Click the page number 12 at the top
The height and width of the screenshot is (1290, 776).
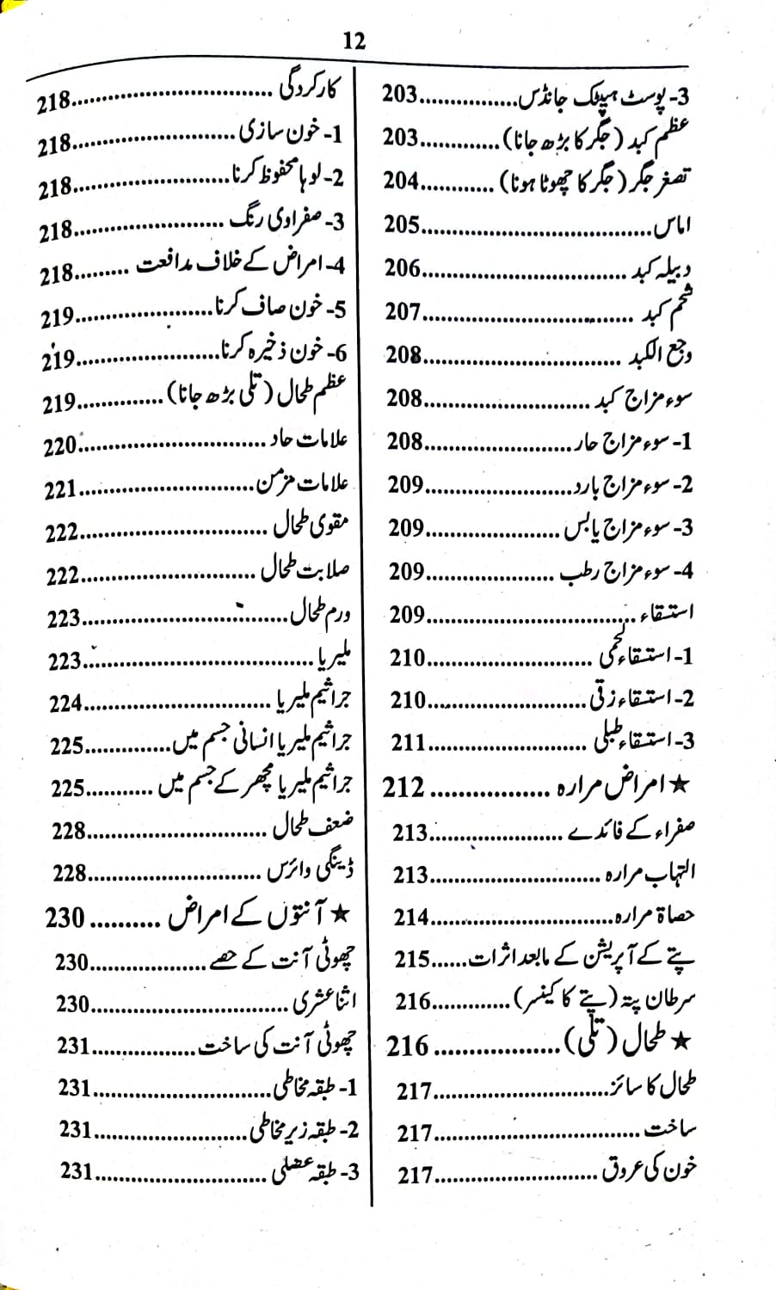click(x=354, y=40)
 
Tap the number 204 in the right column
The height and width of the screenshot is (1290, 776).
click(x=401, y=181)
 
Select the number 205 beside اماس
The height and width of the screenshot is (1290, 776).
click(x=402, y=224)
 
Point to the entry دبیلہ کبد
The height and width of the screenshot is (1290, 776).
click(x=662, y=268)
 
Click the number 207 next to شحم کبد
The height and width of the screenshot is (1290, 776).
click(x=403, y=311)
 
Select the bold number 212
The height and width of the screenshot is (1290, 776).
click(x=404, y=786)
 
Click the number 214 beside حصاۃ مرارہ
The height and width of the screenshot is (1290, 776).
click(x=411, y=917)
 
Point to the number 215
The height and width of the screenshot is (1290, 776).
click(x=412, y=959)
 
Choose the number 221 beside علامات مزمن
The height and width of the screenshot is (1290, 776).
click(x=61, y=490)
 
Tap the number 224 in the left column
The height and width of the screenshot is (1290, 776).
click(x=65, y=703)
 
